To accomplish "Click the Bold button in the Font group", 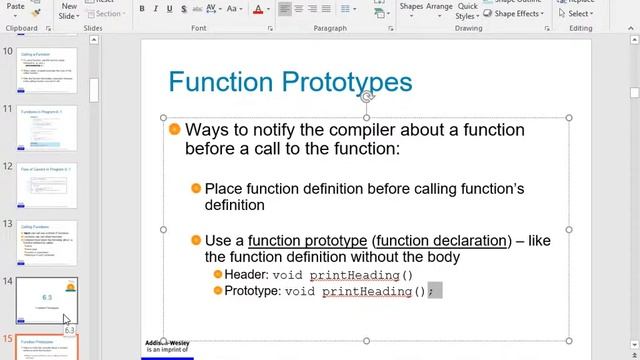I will click(x=142, y=9).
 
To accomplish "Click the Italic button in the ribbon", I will click(x=157, y=9).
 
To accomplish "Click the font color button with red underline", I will click(x=258, y=10).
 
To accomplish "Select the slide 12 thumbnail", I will click(x=48, y=186).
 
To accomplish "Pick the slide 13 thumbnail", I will click(x=48, y=243).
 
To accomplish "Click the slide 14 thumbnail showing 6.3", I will click(x=48, y=299).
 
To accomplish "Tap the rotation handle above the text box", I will click(x=367, y=96).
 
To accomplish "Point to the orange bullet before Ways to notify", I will click(x=175, y=130).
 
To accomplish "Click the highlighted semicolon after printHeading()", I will click(x=433, y=291).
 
